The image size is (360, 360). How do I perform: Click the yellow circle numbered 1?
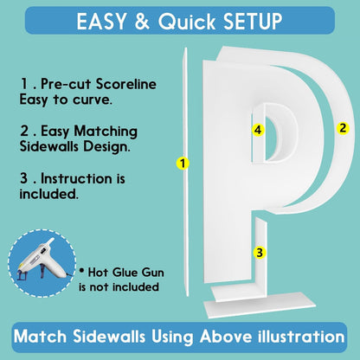point(183,164)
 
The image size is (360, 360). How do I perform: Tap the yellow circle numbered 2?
point(343,128)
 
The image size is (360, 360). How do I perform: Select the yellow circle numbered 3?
point(260,253)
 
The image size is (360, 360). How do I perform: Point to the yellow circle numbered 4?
point(258,130)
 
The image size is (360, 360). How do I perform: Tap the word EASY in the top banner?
point(101,22)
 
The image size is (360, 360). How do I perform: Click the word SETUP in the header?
point(253,22)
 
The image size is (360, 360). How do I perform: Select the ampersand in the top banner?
point(142,22)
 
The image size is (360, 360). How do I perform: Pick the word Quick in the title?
point(187,22)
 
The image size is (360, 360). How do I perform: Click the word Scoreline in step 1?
point(126,84)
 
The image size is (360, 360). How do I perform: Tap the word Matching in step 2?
point(106,132)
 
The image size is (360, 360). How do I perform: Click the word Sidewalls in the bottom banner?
point(109,337)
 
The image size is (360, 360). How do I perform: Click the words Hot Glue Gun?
point(125,273)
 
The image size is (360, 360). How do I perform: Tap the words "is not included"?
point(119,287)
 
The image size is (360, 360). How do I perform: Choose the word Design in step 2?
point(106,146)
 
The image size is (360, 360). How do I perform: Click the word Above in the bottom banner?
point(226,337)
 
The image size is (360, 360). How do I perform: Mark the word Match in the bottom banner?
point(40,337)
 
